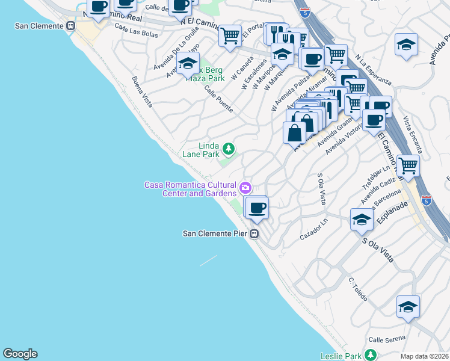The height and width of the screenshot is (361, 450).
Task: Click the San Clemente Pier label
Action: click(x=216, y=233)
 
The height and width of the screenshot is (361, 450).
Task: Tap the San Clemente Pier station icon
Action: click(x=254, y=234)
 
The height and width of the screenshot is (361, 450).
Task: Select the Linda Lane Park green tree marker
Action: click(x=228, y=148)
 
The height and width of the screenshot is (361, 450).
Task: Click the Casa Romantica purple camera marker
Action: click(x=245, y=188)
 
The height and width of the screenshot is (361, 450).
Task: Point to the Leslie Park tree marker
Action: click(x=372, y=355)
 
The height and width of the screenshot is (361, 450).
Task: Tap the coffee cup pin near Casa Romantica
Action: click(x=257, y=208)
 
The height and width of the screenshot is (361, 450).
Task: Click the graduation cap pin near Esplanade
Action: click(x=361, y=220)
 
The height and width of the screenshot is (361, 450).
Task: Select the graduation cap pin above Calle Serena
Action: click(x=408, y=307)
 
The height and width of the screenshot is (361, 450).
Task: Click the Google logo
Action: click(x=20, y=354)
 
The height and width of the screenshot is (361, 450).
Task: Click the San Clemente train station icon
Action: click(x=71, y=26)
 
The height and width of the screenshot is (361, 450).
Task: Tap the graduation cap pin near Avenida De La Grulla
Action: click(x=188, y=63)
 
